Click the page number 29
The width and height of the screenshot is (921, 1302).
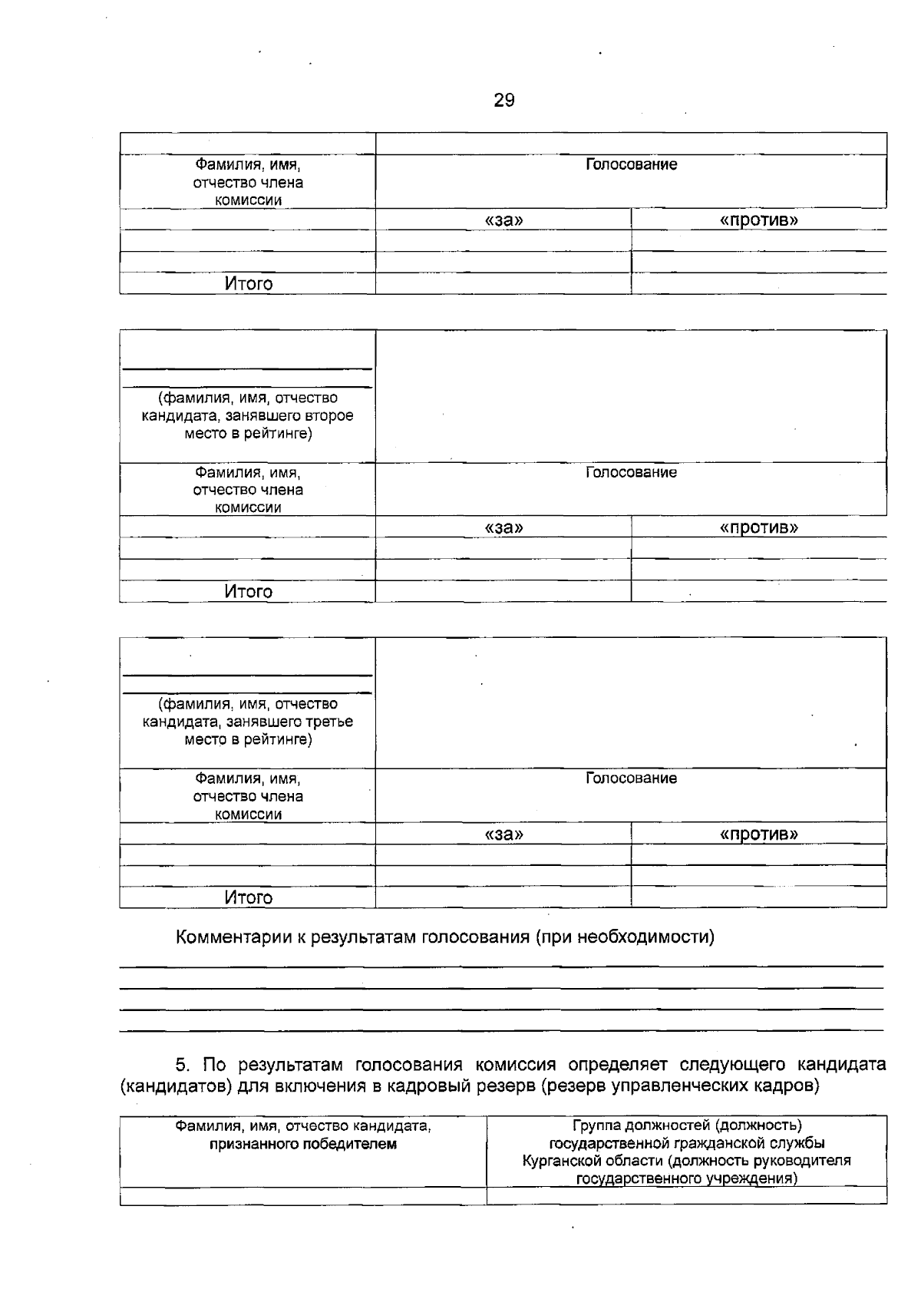[x=504, y=101]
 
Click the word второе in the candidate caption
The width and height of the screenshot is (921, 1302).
[x=332, y=416]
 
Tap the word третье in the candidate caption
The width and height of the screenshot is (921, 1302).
[x=331, y=722]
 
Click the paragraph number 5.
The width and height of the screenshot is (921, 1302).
[x=181, y=1065]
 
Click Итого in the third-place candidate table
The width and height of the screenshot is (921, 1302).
[x=248, y=897]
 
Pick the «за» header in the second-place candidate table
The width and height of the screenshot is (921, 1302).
[x=503, y=527]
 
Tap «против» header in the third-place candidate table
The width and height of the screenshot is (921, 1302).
[x=758, y=834]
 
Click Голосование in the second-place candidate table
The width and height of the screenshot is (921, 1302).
[x=631, y=472]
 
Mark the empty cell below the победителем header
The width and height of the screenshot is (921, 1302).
[x=303, y=1195]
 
